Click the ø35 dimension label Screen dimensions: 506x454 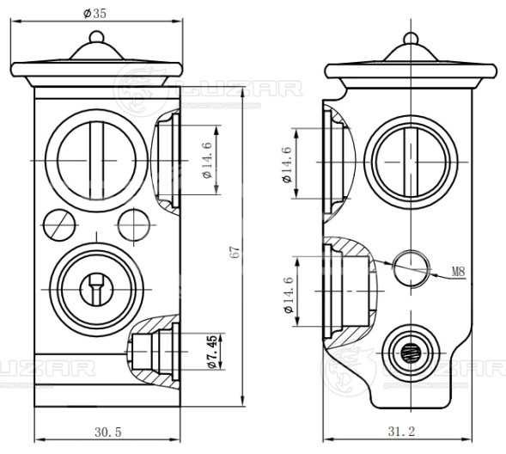[x=94, y=14]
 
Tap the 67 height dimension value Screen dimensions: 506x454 [x=235, y=252]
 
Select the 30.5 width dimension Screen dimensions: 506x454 [x=107, y=432]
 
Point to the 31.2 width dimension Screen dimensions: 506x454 [x=401, y=431]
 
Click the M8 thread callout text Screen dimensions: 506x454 [x=458, y=272]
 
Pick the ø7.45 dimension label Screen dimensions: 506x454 [x=212, y=352]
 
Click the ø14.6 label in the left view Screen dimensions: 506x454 [x=207, y=160]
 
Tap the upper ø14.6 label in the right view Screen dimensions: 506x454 [x=287, y=165]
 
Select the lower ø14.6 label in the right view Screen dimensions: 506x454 [x=288, y=294]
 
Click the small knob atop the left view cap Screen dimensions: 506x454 [x=96, y=36]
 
